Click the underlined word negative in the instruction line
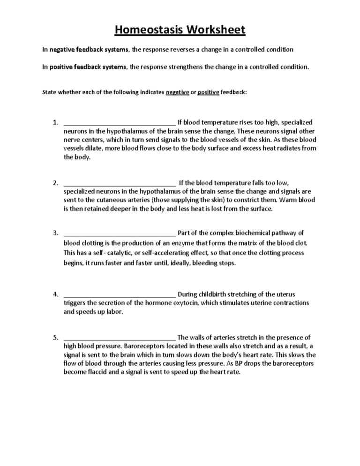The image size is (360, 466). [x=177, y=92]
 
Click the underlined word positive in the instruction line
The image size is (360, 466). [x=208, y=92]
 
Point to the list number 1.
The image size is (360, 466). [x=55, y=123]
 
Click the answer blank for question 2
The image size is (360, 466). [x=119, y=183]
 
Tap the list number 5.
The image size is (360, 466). [x=55, y=337]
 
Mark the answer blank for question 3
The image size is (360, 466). [x=119, y=233]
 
